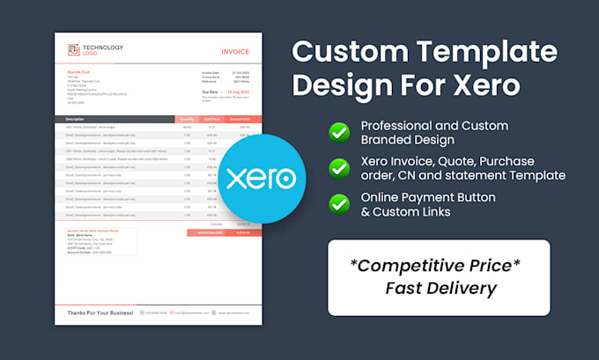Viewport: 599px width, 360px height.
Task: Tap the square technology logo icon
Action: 74,50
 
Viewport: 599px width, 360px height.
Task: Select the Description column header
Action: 76,118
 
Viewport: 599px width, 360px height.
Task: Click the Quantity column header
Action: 187,118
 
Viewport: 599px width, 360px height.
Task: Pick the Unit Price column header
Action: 211,118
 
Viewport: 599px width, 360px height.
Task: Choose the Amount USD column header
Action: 240,118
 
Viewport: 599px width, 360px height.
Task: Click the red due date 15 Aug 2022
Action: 240,92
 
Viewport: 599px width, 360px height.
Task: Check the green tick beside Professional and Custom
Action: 338,133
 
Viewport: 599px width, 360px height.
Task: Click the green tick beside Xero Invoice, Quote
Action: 338,167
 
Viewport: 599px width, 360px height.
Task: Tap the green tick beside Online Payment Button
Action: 338,203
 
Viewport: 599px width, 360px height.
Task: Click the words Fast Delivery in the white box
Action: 440,287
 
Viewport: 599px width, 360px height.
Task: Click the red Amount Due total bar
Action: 225,232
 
